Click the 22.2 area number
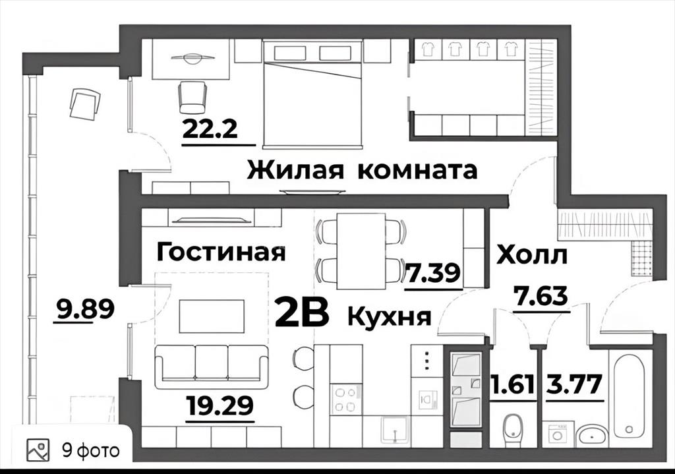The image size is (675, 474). (x=210, y=129)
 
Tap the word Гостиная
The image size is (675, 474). (x=221, y=252)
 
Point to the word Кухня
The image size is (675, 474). (x=389, y=317)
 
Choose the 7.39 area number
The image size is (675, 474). (x=433, y=272)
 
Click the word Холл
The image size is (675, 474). (x=532, y=254)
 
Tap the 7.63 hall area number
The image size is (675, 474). (x=541, y=296)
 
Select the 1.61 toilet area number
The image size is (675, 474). (x=513, y=384)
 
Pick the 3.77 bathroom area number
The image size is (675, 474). (x=573, y=384)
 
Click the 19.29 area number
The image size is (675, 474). (x=220, y=405)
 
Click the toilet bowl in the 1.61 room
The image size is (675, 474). (x=513, y=428)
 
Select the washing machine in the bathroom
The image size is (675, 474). (x=558, y=432)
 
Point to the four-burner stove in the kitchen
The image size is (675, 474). (x=344, y=399)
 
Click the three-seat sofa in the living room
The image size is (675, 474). (x=210, y=367)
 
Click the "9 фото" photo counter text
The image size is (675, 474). (x=91, y=450)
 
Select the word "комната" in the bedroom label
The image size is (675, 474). (x=417, y=171)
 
